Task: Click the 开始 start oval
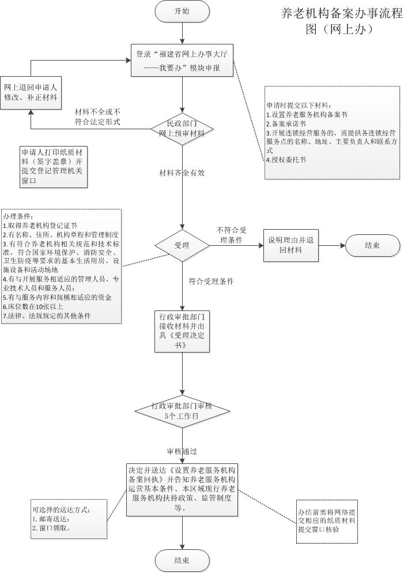point(182,12)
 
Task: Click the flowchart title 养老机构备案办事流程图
point(341,21)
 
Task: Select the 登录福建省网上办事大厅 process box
point(182,61)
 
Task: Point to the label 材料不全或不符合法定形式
point(97,117)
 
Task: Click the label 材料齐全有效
point(183,173)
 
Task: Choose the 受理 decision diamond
point(182,245)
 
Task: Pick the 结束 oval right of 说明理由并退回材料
point(372,245)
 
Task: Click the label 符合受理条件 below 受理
point(211,282)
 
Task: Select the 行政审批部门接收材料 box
point(182,331)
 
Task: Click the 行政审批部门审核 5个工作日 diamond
point(182,411)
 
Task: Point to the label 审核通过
point(182,451)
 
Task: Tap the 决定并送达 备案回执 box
point(182,489)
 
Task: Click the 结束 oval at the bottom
point(182,560)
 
